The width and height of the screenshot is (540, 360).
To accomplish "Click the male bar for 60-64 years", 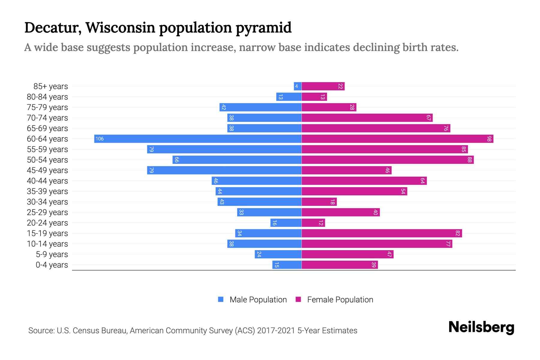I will (198, 139).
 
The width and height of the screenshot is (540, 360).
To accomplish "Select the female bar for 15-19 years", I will (382, 233).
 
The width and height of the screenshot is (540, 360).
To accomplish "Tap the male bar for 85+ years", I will (298, 86).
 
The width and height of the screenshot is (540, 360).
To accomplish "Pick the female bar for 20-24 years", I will (313, 223).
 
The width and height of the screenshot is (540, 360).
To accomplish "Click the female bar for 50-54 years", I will (388, 160).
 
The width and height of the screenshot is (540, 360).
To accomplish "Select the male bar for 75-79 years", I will (260, 107).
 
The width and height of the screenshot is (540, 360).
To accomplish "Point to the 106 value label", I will (100, 139).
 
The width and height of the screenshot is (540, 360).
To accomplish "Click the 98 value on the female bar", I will (489, 139).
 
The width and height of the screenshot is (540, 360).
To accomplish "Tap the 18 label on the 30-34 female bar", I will (332, 202).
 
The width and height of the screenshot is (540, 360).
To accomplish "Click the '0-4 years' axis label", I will (52, 265).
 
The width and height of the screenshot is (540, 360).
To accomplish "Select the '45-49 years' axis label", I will (47, 170).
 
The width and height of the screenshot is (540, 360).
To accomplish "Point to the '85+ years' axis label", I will (50, 86).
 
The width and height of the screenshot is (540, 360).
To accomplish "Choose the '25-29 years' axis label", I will (47, 212).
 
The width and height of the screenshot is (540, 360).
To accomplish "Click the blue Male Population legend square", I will (221, 299).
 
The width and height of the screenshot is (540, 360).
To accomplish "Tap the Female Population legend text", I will (340, 300).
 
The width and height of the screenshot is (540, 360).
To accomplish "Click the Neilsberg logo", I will (481, 327).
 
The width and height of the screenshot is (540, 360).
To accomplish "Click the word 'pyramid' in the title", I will (263, 28).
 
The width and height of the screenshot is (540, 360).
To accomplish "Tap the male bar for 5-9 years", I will (278, 254).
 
